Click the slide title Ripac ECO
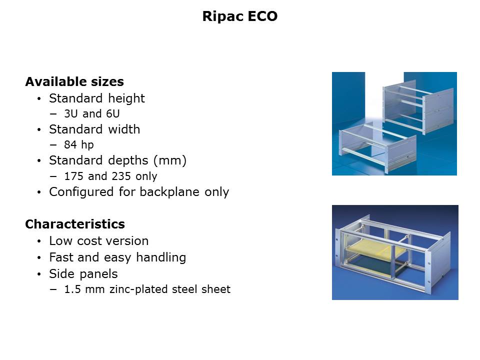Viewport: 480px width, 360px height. (x=239, y=16)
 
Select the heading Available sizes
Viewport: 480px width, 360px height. (x=74, y=81)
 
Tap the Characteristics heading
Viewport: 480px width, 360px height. (x=75, y=224)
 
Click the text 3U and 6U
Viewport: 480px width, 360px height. (x=92, y=114)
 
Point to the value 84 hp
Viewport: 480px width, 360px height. (x=79, y=144)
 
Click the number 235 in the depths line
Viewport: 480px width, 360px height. (x=121, y=176)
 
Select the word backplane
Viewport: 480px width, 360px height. (x=169, y=192)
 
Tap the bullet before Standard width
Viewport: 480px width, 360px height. (x=39, y=130)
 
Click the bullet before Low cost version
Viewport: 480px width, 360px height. (x=39, y=241)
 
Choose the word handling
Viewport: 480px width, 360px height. (x=161, y=257)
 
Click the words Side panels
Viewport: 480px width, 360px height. (x=83, y=274)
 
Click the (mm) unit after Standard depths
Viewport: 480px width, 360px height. (x=170, y=160)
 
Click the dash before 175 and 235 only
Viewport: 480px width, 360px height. (x=53, y=176)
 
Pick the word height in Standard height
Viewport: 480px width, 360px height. (x=126, y=98)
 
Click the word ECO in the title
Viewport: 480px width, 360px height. (x=262, y=16)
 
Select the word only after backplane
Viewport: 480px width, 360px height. (x=216, y=192)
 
